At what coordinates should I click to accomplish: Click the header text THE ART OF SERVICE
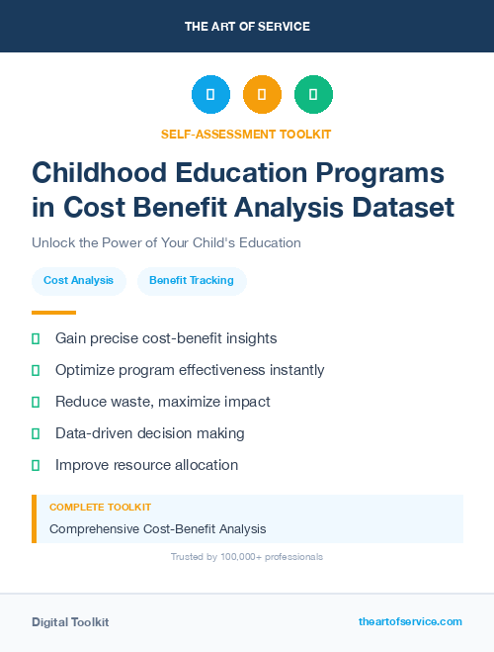tap(247, 27)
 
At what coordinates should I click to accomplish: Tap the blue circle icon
tap(210, 94)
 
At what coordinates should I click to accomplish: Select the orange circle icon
tap(262, 94)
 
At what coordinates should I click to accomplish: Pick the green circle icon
tap(313, 94)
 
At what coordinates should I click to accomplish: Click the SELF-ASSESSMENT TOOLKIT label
tap(247, 134)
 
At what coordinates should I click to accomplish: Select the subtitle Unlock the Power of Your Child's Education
tap(166, 242)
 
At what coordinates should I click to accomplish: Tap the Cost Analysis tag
tap(78, 281)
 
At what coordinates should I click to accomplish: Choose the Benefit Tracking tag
tap(192, 281)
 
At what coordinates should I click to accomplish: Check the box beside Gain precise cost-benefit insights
tap(36, 338)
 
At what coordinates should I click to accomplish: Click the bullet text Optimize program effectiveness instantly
tap(190, 370)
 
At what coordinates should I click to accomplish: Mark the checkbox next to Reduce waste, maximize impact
tap(36, 402)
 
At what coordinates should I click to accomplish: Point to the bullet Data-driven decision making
tap(149, 433)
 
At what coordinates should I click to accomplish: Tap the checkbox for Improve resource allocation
tap(36, 465)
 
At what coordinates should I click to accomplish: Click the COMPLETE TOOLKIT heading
tap(100, 507)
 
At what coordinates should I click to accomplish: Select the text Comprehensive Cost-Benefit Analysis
tap(157, 528)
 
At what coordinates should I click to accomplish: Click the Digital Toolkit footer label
tap(70, 622)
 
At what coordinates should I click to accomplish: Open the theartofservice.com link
tap(410, 621)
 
